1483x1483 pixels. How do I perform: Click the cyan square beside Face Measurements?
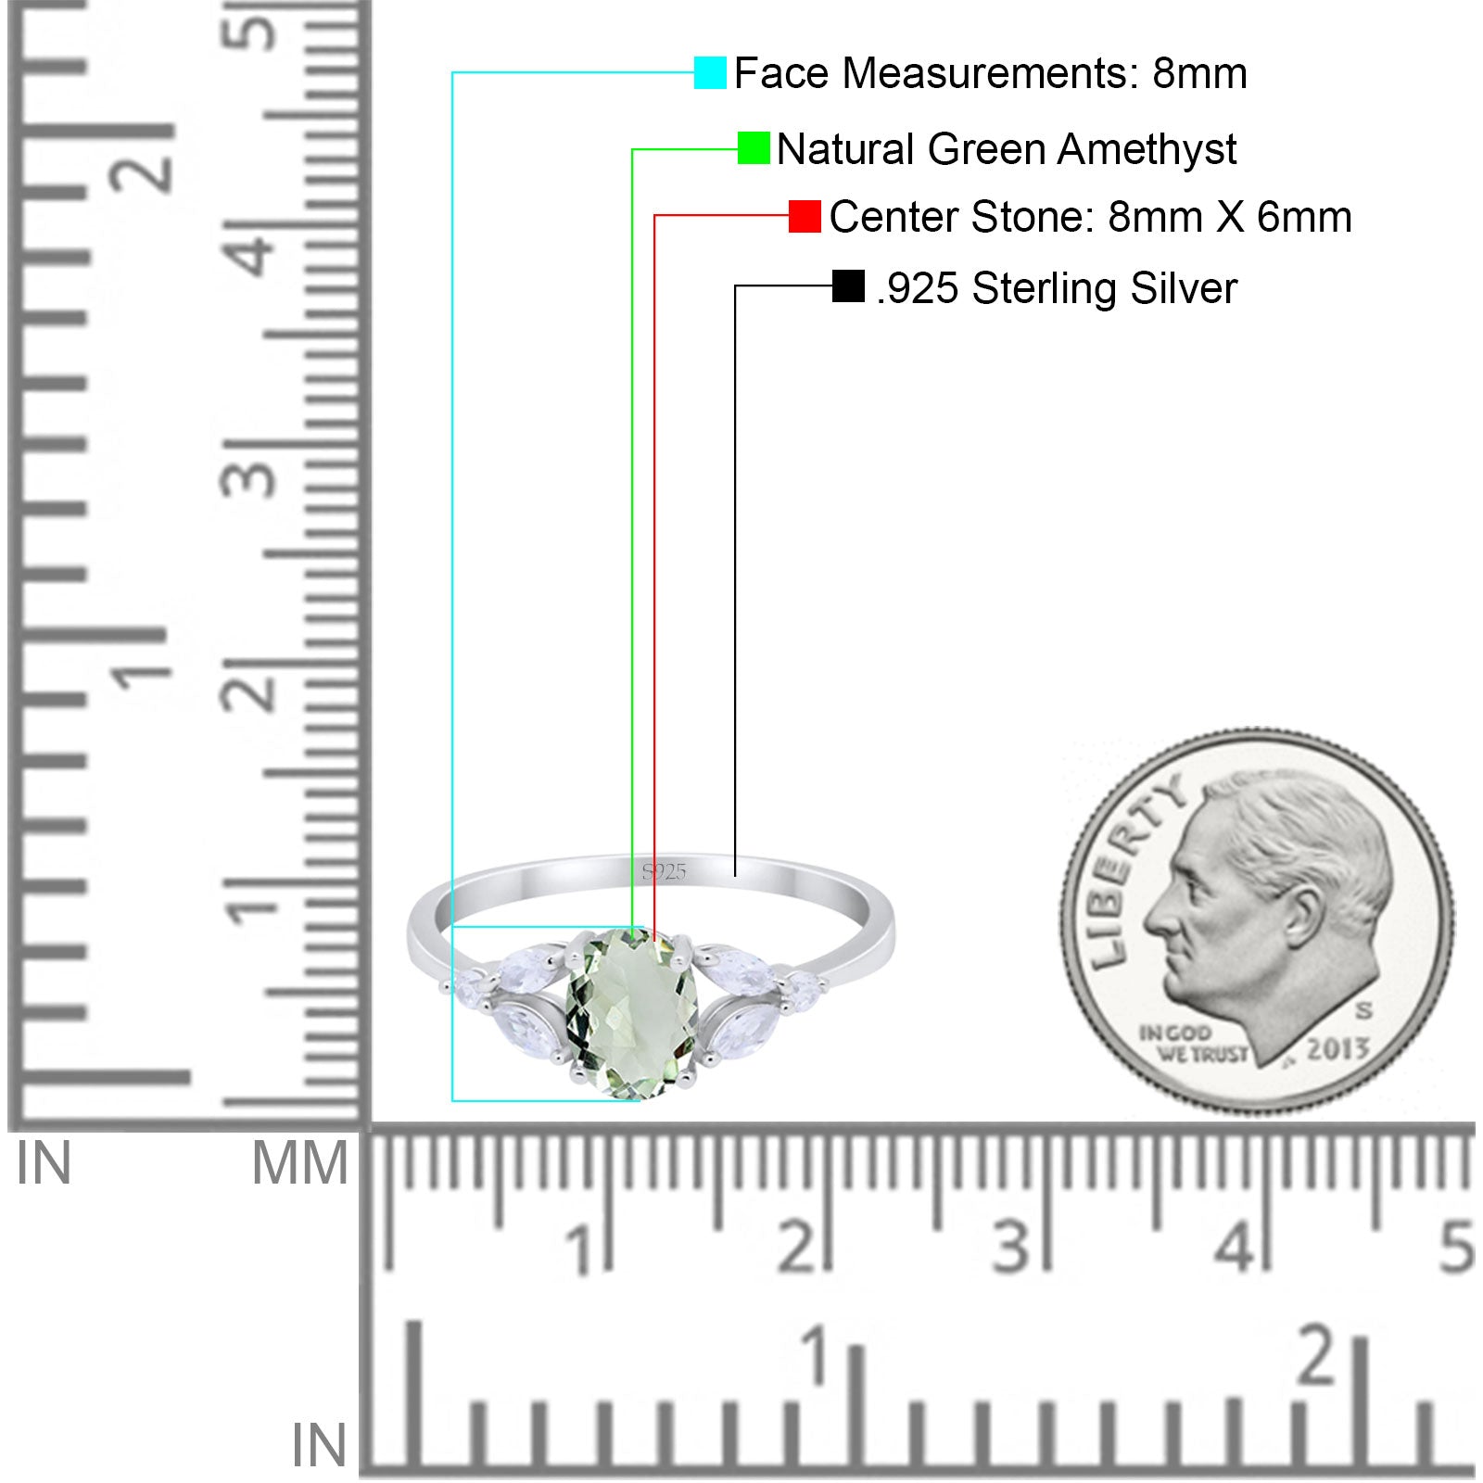[710, 72]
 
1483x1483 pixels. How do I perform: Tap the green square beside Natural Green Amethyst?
[754, 148]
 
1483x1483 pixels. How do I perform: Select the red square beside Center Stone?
[805, 216]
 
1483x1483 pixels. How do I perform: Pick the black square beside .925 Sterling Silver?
[848, 286]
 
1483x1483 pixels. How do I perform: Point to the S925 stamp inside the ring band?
[664, 871]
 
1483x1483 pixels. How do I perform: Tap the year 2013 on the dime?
[1337, 1049]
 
